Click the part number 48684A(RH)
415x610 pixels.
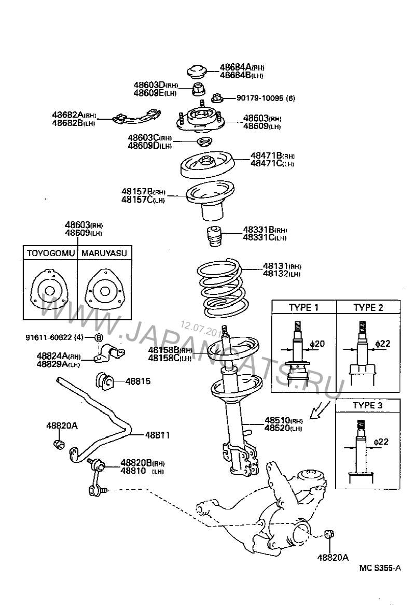click(242, 67)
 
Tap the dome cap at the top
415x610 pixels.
click(197, 70)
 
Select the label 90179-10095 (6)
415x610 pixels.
click(266, 98)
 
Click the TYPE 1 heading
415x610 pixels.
click(303, 307)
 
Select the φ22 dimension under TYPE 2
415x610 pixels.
click(382, 344)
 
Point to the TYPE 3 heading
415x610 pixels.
click(368, 405)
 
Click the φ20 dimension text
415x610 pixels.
click(317, 344)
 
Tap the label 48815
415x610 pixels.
click(138, 381)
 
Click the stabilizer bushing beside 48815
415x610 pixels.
click(106, 382)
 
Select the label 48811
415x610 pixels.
click(157, 435)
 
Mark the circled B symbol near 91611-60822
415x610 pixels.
click(99, 338)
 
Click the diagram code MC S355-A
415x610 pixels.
click(380, 568)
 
